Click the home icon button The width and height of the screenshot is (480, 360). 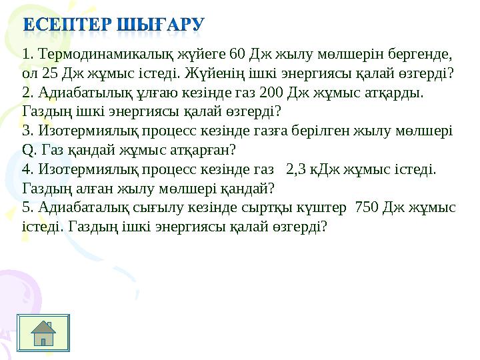pyautogui.click(x=43, y=333)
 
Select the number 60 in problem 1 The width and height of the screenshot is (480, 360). pyautogui.click(x=237, y=54)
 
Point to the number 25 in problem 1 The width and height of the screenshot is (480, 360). pyautogui.click(x=50, y=73)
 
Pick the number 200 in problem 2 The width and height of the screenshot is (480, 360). pyautogui.click(x=271, y=93)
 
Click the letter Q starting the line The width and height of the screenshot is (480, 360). pyautogui.click(x=27, y=151)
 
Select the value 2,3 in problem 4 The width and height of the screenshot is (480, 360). pyautogui.click(x=296, y=169)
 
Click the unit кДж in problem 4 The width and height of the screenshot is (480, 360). pyautogui.click(x=325, y=170)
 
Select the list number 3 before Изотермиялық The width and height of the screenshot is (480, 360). pyautogui.click(x=28, y=131)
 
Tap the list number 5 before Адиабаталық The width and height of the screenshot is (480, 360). pyautogui.click(x=28, y=207)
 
